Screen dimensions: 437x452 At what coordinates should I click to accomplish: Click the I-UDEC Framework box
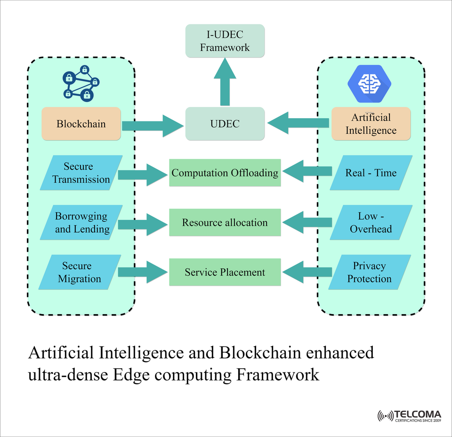[x=225, y=41]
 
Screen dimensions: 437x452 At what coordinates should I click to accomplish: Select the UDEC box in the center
[x=225, y=124]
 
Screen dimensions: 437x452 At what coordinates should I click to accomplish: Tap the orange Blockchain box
[x=81, y=124]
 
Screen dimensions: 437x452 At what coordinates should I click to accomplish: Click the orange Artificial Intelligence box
[x=371, y=124]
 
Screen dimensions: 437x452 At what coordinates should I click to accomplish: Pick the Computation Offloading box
[x=225, y=173]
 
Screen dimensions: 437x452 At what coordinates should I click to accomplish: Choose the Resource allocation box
[x=225, y=223]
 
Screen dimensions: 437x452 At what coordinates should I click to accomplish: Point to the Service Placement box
[x=225, y=272]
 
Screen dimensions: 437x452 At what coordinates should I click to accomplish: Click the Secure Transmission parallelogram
[x=81, y=173]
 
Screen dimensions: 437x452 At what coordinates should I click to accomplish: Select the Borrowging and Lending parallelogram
[x=81, y=223]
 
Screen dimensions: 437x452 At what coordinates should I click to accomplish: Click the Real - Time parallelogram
[x=371, y=173]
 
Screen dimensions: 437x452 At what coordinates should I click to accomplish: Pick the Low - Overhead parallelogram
[x=371, y=223]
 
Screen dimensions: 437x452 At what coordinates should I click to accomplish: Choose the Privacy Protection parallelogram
[x=370, y=272]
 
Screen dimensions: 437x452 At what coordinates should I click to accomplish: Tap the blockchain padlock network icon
[x=81, y=84]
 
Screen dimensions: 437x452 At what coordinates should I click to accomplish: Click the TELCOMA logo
[x=409, y=415]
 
